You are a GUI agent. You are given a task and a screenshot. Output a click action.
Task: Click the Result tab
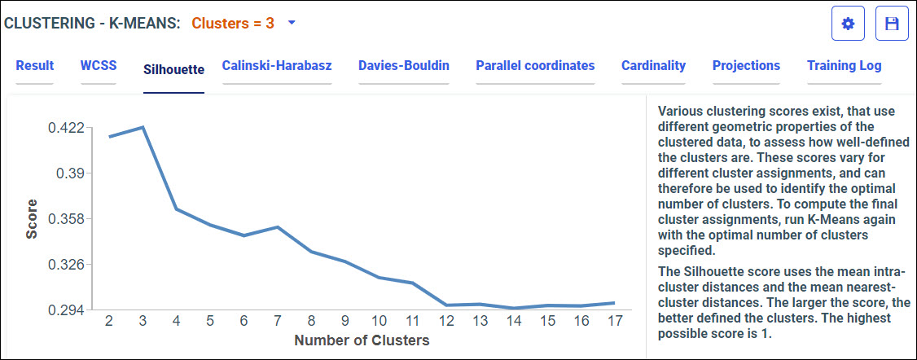pyautogui.click(x=35, y=66)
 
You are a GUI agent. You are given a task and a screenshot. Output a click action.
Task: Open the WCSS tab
pyautogui.click(x=99, y=66)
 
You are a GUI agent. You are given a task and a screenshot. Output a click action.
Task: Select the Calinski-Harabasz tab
pyautogui.click(x=277, y=66)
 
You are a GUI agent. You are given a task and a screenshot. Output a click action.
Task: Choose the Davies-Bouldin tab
pyautogui.click(x=404, y=66)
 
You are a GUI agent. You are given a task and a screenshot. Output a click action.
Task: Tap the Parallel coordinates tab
pyautogui.click(x=535, y=66)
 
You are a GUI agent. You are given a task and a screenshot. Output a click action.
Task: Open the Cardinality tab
pyautogui.click(x=653, y=66)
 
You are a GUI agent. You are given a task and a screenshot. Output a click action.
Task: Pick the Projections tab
pyautogui.click(x=746, y=66)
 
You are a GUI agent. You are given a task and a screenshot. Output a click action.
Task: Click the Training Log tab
pyautogui.click(x=844, y=66)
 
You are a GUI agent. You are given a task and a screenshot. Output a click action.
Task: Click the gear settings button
pyautogui.click(x=848, y=24)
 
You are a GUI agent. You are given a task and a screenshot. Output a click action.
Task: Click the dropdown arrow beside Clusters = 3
pyautogui.click(x=292, y=23)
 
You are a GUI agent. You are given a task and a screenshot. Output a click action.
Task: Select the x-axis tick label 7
pyautogui.click(x=278, y=321)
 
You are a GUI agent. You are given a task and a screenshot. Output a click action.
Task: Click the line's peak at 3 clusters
pyautogui.click(x=143, y=127)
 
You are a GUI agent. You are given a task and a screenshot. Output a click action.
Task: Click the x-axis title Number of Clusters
pyautogui.click(x=362, y=340)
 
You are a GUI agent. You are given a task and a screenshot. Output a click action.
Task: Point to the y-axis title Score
pyautogui.click(x=32, y=218)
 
